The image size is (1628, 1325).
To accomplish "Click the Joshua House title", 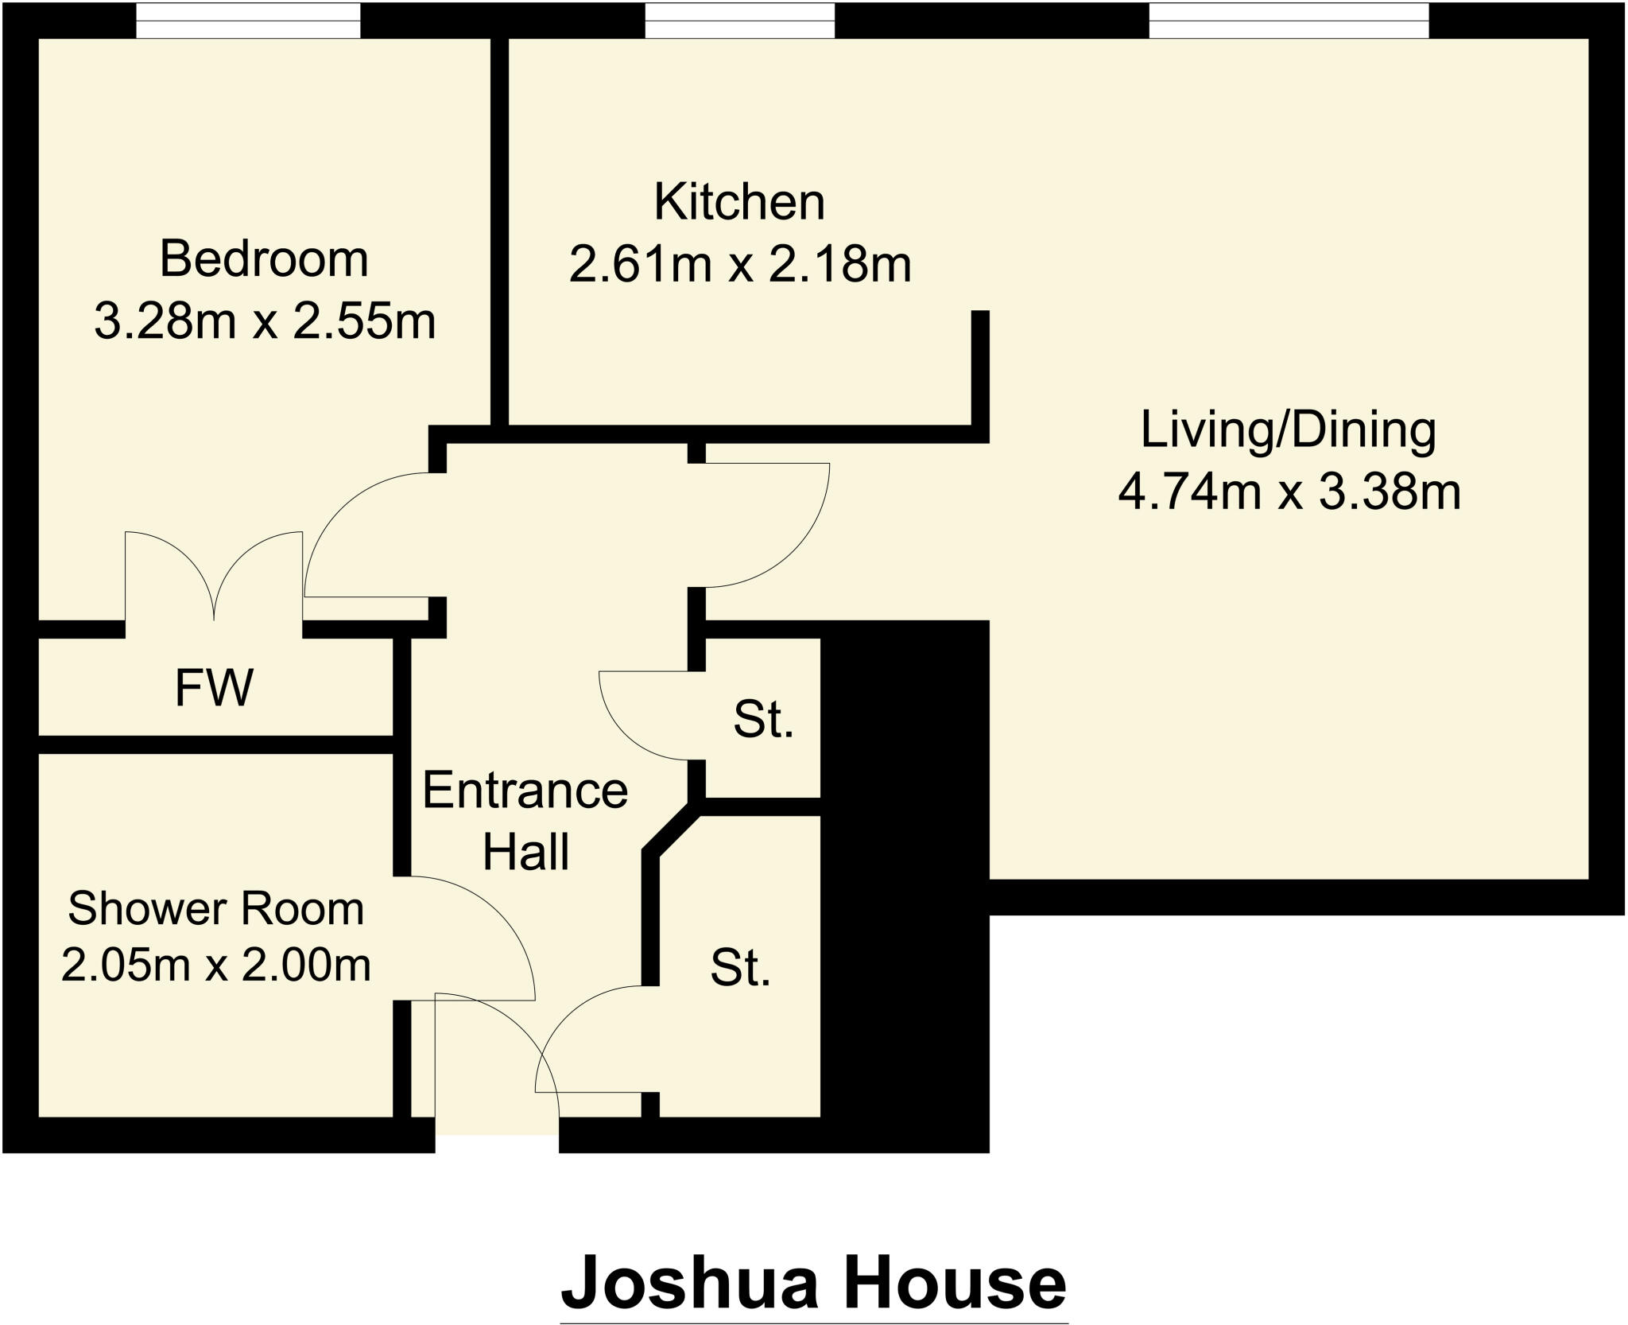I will tap(813, 1282).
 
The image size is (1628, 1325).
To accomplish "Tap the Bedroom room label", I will tap(264, 259).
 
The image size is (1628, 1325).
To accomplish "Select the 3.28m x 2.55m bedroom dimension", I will tap(265, 321).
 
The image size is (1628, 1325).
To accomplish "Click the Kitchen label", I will tap(739, 202).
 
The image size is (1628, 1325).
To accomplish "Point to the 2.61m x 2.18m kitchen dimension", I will tap(739, 264).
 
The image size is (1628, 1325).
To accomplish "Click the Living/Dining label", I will tap(1288, 429).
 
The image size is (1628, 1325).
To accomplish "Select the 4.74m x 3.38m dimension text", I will tap(1289, 492).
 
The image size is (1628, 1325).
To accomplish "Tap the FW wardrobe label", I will tap(214, 688).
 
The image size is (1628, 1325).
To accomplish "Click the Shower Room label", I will tap(215, 908).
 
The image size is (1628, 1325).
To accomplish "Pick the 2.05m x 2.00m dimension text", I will tap(215, 966).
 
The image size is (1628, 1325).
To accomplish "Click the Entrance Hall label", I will tap(525, 821).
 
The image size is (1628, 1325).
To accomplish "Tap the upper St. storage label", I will tap(763, 721).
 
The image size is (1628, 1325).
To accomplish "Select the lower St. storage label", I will tap(740, 969).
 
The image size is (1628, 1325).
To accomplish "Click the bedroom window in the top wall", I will tap(247, 20).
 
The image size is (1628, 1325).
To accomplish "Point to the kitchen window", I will tap(739, 20).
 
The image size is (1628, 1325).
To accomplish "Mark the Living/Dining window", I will tap(1288, 20).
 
